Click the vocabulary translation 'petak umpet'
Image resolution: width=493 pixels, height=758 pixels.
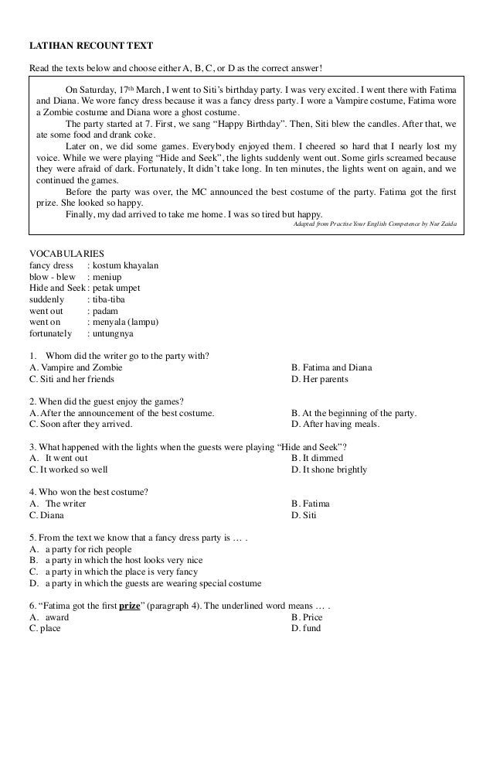tap(114, 288)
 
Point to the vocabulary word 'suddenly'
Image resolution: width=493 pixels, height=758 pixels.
tap(48, 299)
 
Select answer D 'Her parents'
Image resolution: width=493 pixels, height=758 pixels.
tap(321, 379)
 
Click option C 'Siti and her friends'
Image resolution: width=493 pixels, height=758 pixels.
tap(72, 379)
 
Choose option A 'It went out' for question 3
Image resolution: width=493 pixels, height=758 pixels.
tap(64, 458)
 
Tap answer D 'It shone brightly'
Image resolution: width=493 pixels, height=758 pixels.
tap(329, 469)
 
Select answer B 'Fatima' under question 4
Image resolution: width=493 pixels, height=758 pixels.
tap(311, 504)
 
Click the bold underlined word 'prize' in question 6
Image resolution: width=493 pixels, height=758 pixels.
tap(130, 606)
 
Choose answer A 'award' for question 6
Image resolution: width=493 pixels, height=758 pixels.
tap(56, 617)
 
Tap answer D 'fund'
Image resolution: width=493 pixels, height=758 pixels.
tap(310, 628)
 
